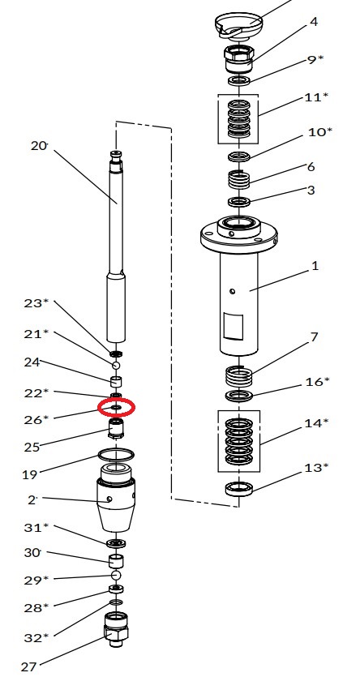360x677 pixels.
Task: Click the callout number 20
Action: point(39,146)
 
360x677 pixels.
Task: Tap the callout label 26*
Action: point(36,419)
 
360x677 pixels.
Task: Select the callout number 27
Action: point(29,666)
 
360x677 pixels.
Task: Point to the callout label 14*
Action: point(316,423)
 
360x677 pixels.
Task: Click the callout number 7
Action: point(314,336)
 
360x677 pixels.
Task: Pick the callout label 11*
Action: point(316,97)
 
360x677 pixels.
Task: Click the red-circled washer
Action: point(116,407)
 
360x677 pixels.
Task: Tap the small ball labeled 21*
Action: point(116,366)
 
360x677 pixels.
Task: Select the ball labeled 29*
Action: point(116,575)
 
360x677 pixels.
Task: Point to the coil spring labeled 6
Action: point(238,179)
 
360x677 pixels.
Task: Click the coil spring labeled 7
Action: point(239,377)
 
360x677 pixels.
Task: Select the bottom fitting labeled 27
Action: point(116,629)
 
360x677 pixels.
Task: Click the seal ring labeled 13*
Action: point(238,489)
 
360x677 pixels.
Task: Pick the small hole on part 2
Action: point(109,499)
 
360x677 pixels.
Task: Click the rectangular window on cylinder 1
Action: point(233,327)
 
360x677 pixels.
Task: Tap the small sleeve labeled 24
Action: point(116,382)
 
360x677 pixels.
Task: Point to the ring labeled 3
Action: point(238,202)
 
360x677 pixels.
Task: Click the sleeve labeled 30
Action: point(116,560)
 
